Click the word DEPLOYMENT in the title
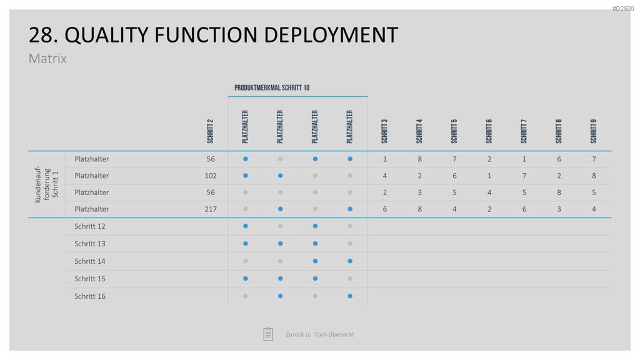(x=331, y=35)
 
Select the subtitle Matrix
(x=47, y=58)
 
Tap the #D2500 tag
(x=623, y=9)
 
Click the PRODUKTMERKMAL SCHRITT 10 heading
(x=272, y=87)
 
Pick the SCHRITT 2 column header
(x=210, y=131)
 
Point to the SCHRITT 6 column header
(x=489, y=131)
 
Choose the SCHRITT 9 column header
(x=594, y=131)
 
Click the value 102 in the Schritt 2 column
(x=210, y=176)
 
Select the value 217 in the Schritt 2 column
(x=210, y=209)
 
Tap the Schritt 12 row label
(x=90, y=226)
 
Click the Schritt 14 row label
(x=90, y=261)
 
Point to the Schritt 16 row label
(x=90, y=296)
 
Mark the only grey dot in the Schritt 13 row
(x=350, y=244)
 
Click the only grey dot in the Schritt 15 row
(x=350, y=279)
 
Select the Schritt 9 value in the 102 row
(x=594, y=176)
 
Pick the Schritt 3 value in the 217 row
(x=384, y=209)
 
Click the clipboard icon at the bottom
(x=268, y=334)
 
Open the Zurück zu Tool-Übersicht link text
(x=319, y=334)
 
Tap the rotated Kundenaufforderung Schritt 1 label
(x=46, y=184)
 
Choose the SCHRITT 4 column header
(x=419, y=131)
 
